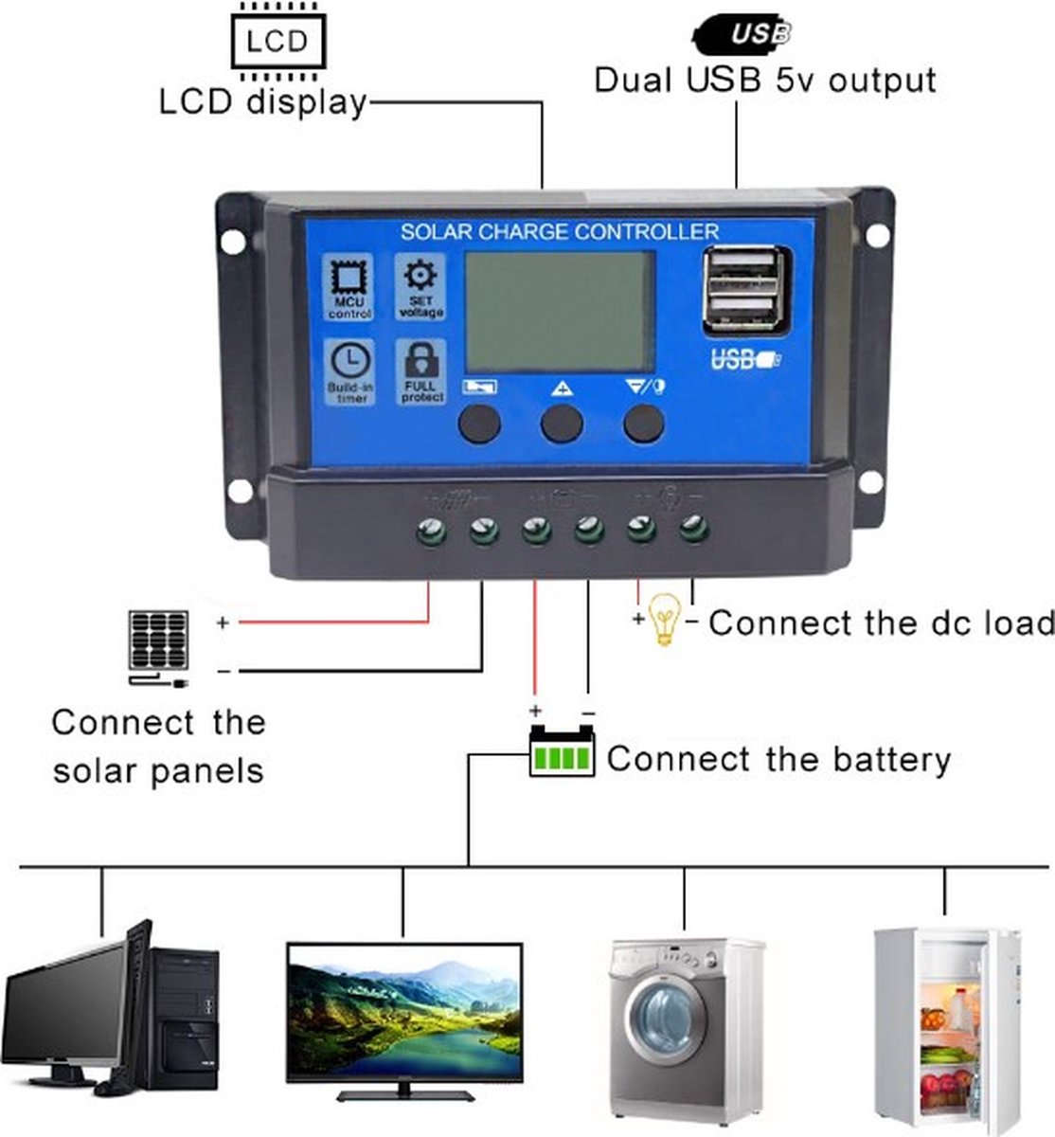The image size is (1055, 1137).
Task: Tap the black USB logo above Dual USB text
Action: (x=743, y=34)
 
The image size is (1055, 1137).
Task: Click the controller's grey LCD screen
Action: (x=558, y=312)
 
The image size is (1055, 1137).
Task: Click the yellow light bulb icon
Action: (x=665, y=618)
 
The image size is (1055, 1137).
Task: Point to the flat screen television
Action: (x=404, y=1019)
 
